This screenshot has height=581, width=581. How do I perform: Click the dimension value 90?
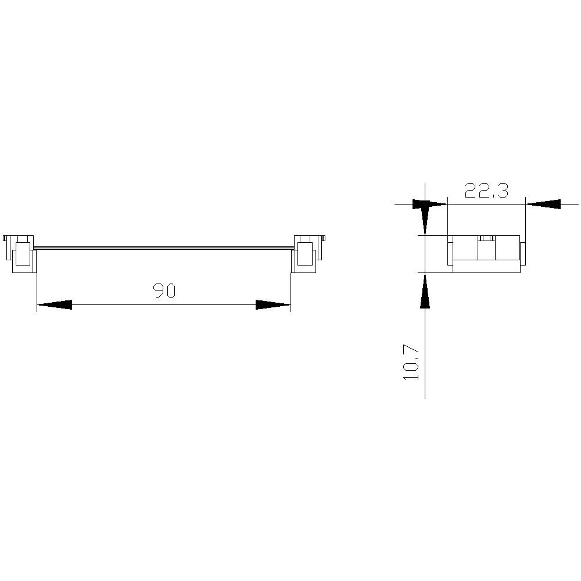(164, 290)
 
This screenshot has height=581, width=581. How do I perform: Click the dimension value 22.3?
(486, 190)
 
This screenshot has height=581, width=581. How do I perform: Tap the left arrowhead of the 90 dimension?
(55, 304)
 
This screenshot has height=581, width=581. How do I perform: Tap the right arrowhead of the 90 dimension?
(272, 304)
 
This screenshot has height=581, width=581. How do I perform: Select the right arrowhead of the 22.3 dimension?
(543, 204)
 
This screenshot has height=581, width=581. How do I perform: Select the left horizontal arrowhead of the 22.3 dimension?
(430, 204)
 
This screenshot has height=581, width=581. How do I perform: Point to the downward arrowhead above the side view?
(425, 218)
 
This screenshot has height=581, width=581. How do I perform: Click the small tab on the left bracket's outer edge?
(5, 238)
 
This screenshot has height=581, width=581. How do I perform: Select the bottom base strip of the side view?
(486, 266)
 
